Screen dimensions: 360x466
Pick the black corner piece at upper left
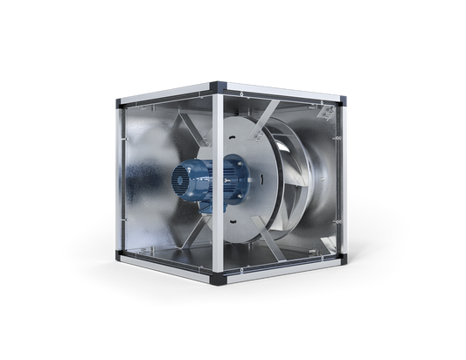tap(117, 103)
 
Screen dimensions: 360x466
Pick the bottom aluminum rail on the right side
tap(280, 270)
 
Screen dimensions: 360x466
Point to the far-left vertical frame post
tap(117, 179)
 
